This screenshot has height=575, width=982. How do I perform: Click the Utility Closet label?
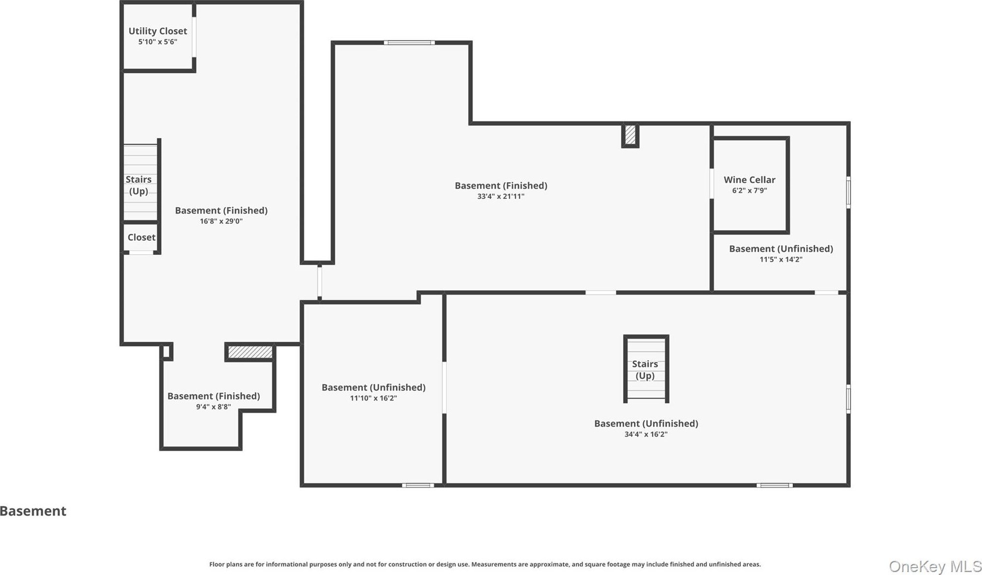coord(158,31)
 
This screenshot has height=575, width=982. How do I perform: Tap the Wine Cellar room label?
coord(749,180)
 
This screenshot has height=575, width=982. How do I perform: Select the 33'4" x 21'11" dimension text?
coord(501,196)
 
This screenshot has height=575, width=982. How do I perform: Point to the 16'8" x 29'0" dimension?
coord(221,221)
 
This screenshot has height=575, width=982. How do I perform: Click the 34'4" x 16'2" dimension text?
coord(646,435)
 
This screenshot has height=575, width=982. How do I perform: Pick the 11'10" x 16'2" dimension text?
coord(373,398)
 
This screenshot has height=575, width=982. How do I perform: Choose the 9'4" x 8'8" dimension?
coord(213,407)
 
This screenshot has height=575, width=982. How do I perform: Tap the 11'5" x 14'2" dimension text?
coord(781,260)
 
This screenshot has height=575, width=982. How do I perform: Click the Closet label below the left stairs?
coord(141,237)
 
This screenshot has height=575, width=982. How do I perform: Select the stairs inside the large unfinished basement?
coord(646,369)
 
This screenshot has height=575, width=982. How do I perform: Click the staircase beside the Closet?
coord(140,182)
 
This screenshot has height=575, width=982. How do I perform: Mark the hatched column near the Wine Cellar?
coord(630,135)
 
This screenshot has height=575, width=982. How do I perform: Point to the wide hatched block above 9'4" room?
coord(250,352)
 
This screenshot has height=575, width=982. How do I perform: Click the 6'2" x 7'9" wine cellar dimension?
coord(749,191)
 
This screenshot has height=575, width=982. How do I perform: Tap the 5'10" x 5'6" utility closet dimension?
coord(158,42)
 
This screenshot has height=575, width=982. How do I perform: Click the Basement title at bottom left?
coord(33,511)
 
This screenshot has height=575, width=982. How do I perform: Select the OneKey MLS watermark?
coord(935,567)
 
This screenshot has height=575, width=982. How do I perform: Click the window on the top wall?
coord(409,43)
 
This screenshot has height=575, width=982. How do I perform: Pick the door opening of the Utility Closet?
coord(194,37)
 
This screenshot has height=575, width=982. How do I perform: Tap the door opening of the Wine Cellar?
coord(711,184)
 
